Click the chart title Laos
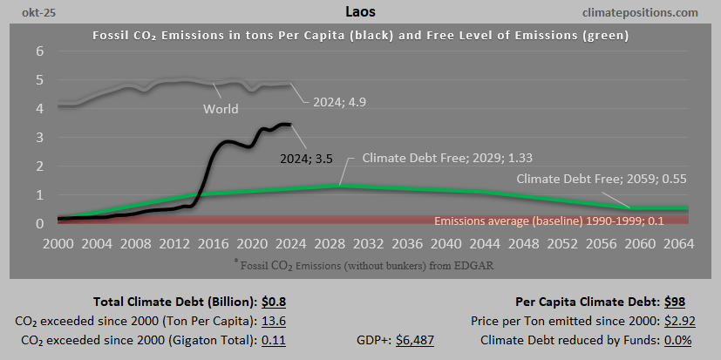(360, 12)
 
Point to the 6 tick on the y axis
(38, 51)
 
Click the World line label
(221, 110)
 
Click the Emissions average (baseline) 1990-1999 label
(548, 221)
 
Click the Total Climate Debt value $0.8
(275, 302)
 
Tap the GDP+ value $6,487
(415, 338)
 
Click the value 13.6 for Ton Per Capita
(275, 321)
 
